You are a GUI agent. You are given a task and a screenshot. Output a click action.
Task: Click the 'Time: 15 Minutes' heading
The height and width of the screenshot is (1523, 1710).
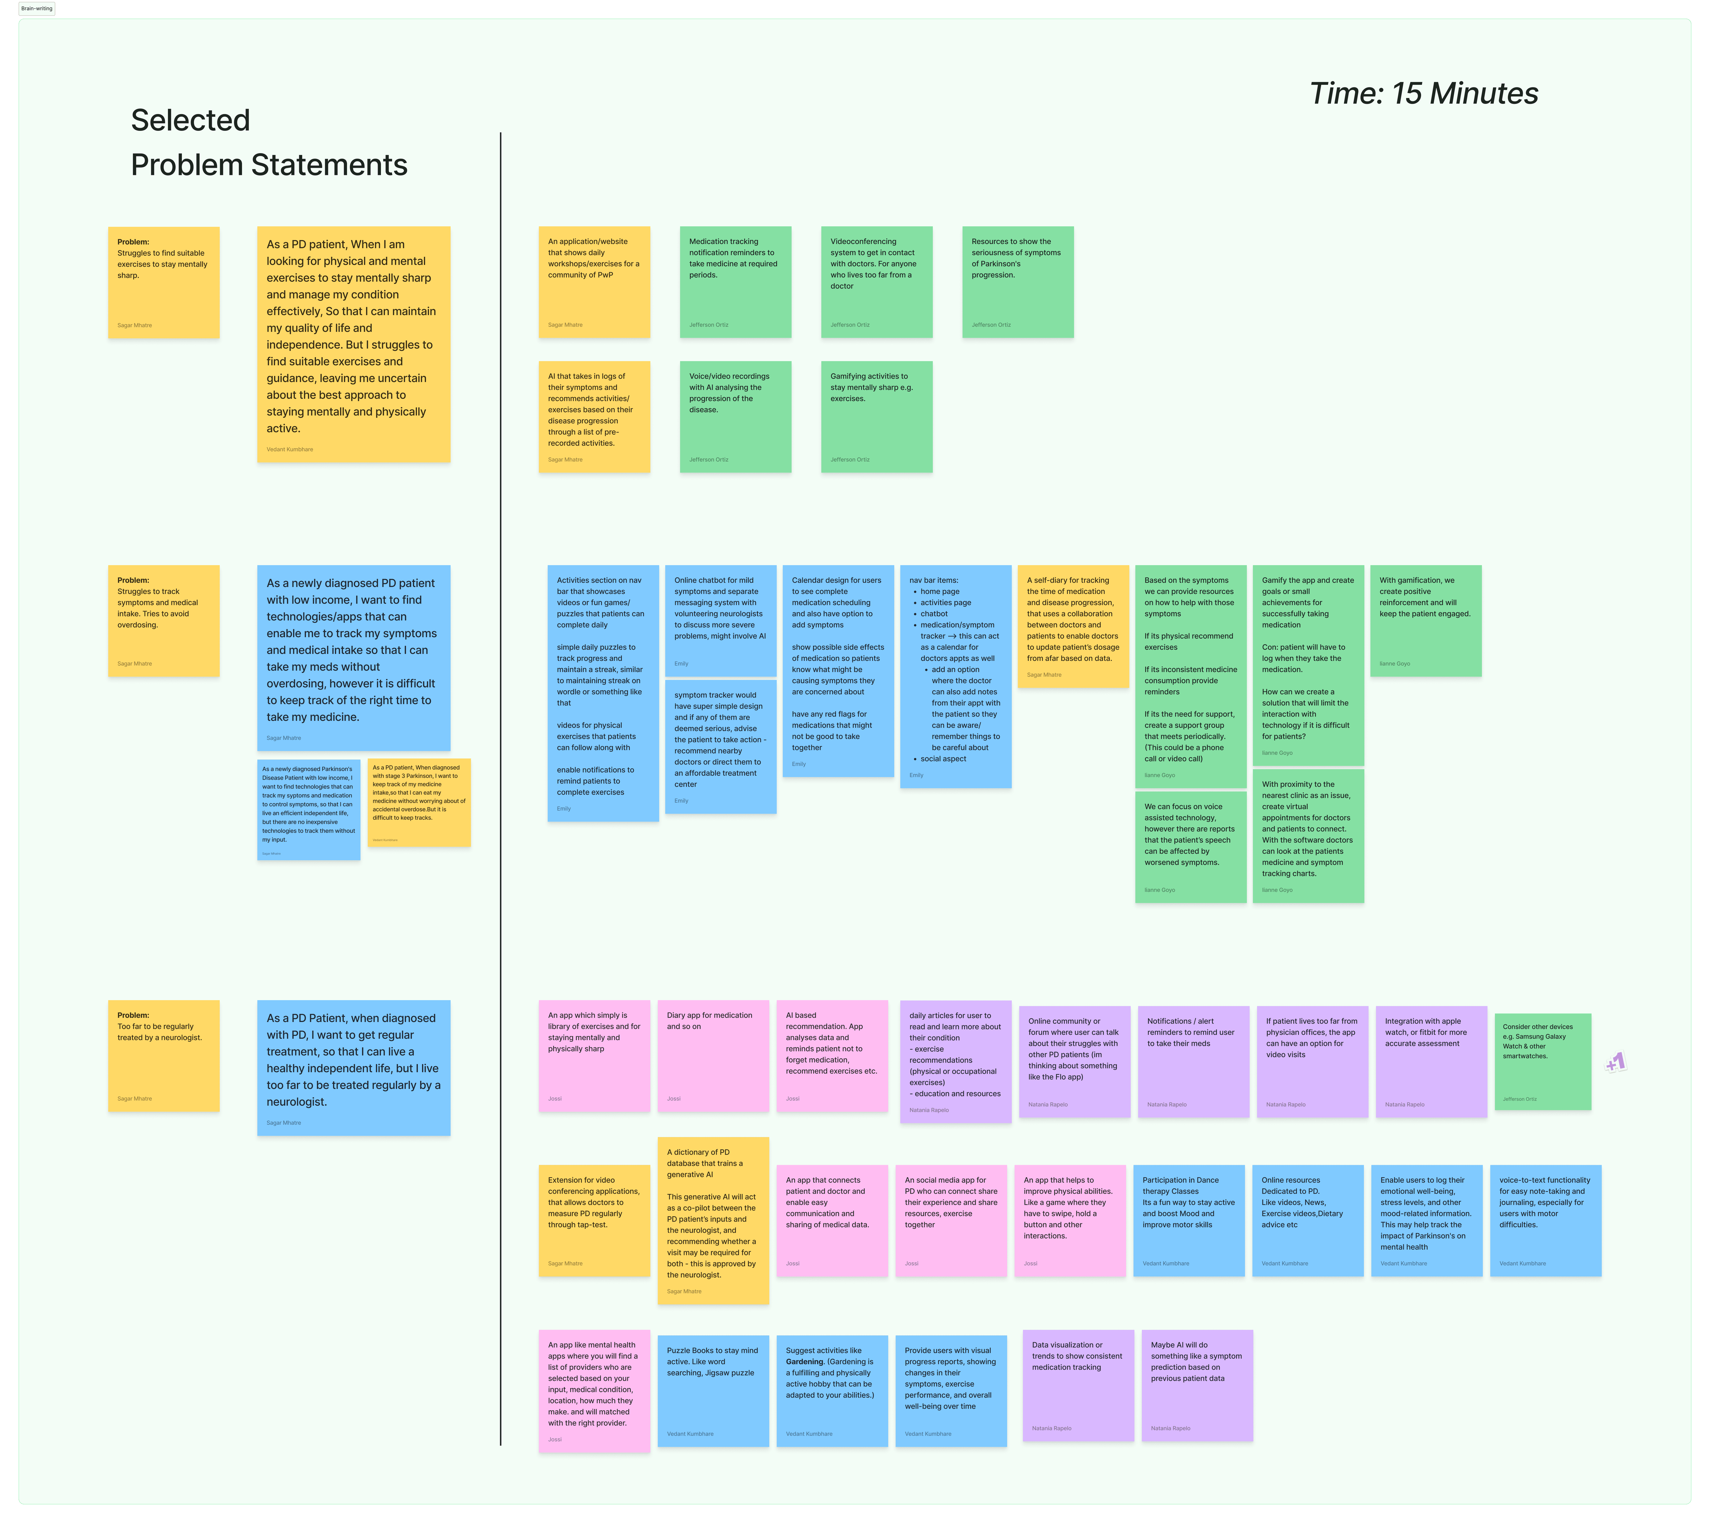pos(1423,94)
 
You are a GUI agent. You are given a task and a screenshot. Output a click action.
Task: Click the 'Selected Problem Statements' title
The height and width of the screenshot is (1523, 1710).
pos(269,142)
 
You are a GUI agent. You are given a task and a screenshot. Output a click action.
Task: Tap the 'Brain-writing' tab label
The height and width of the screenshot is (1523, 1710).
pos(37,8)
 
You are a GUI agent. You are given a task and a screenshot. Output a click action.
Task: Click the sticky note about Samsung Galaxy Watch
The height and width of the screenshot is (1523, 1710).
pos(1542,1061)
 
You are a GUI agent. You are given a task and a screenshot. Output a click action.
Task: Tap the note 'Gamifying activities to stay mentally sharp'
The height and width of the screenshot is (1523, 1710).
pos(876,416)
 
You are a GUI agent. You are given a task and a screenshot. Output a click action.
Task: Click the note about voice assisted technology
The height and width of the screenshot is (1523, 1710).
pos(1190,847)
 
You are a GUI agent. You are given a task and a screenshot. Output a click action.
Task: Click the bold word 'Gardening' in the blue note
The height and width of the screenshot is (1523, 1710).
pos(805,1361)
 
